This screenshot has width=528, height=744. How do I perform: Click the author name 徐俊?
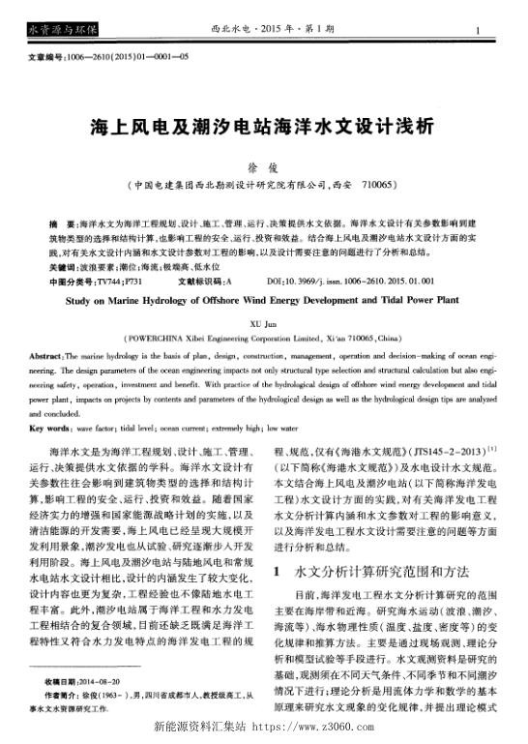click(x=264, y=166)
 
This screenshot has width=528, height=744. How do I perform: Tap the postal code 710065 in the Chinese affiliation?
click(x=382, y=184)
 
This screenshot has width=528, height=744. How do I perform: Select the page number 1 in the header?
click(x=506, y=32)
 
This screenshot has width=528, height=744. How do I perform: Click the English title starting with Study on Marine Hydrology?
click(x=263, y=302)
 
